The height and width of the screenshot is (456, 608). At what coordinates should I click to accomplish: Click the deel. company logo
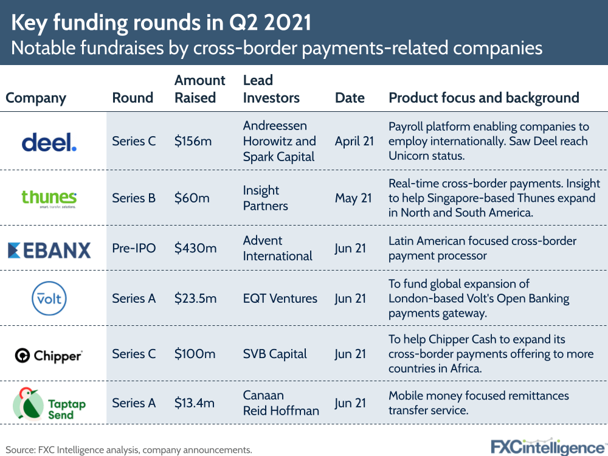(x=49, y=142)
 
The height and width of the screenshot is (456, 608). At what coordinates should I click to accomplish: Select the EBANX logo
(x=49, y=249)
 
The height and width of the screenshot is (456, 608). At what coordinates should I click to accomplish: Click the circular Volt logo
(x=49, y=299)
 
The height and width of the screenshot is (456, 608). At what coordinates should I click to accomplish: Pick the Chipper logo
(x=49, y=354)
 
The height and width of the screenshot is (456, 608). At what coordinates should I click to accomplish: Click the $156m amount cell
(x=193, y=142)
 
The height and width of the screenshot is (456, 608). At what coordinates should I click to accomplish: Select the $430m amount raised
(x=195, y=248)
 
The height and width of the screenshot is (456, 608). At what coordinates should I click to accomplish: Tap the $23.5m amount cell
(x=195, y=299)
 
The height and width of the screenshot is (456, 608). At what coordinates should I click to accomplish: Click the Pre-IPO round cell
(x=133, y=248)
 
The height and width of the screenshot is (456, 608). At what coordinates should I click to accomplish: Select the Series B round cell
(x=134, y=198)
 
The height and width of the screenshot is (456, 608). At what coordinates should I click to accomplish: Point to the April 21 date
(x=355, y=142)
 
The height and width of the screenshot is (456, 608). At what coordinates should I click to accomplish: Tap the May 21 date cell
(x=353, y=198)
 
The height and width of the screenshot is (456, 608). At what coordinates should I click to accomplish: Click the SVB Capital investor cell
(x=275, y=354)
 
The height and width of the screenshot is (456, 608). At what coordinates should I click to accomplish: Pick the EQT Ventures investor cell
(x=280, y=299)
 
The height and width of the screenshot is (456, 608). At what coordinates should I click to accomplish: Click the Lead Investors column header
(x=271, y=89)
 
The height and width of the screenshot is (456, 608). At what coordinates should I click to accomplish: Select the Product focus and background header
(x=484, y=98)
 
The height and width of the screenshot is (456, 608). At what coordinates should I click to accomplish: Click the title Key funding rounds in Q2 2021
(x=162, y=22)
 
